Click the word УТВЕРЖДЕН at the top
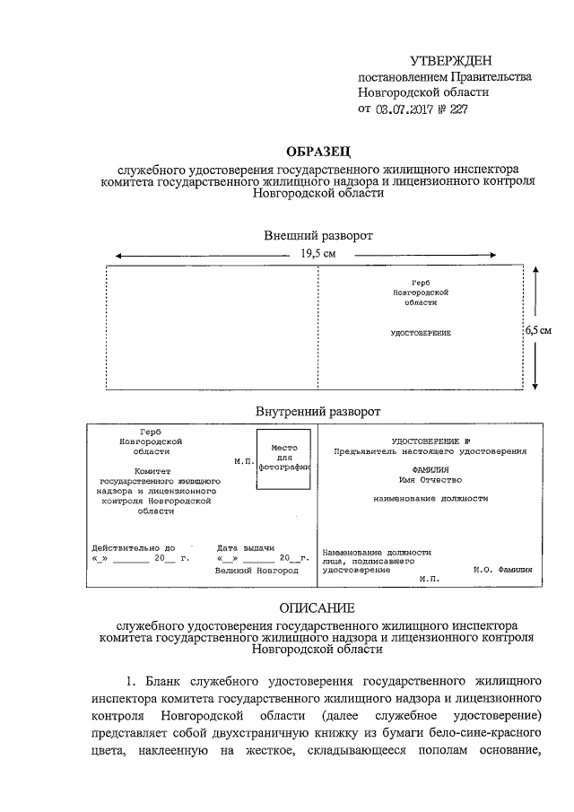[450, 60]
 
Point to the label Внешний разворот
[318, 235]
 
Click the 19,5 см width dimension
[318, 254]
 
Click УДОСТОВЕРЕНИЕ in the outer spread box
[420, 333]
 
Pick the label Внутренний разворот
[318, 411]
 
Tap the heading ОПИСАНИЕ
[318, 607]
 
